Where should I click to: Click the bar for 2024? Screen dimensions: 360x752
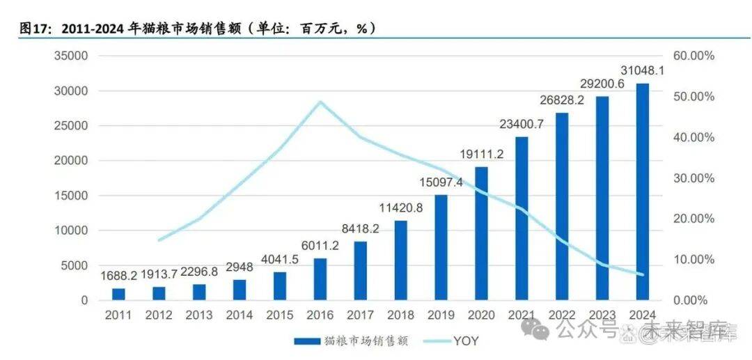click(641, 191)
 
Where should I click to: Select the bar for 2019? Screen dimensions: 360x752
click(441, 247)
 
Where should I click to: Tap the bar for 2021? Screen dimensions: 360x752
click(521, 218)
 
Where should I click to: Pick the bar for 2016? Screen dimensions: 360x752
click(320, 279)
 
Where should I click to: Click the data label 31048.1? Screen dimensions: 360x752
click(641, 71)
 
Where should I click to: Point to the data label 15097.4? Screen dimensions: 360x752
click(441, 182)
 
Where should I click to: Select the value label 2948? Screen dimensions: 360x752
click(240, 268)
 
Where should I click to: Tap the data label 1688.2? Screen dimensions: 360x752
click(118, 276)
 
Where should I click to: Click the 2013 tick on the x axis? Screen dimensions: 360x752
click(199, 315)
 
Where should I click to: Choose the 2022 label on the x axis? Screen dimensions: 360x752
click(561, 315)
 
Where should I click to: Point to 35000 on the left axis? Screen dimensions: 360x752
click(72, 56)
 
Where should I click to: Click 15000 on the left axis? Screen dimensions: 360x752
click(72, 196)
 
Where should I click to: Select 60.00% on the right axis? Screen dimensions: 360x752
click(694, 56)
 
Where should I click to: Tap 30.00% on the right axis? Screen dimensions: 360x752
click(694, 178)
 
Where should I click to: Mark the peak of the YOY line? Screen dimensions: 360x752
click(320, 102)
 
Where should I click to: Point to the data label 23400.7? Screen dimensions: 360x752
click(521, 124)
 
